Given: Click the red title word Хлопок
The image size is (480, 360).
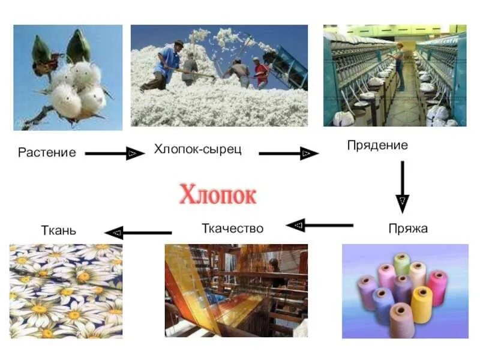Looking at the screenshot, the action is point(218,196).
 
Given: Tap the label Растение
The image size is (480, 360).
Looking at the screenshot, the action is point(47,152).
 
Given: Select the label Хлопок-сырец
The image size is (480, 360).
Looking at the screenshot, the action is point(197,149).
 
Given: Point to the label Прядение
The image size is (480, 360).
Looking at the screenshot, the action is point(377,145).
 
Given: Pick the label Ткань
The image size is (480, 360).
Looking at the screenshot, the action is point(59,230).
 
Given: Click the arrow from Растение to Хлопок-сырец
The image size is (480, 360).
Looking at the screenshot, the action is point(114,154).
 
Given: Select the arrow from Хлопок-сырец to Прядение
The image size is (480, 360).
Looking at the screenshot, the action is point(288,154).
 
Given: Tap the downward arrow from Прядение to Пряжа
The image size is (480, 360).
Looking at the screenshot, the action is point(402,186).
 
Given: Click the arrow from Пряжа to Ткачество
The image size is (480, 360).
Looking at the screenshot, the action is point(319,226).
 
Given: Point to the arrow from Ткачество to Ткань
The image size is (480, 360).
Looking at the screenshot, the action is point(139,232).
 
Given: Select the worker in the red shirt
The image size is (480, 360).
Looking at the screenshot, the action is point(261,73).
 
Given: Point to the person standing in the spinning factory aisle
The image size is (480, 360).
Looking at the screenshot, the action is point(399,66).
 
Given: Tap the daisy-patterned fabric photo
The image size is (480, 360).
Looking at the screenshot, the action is point(66,290).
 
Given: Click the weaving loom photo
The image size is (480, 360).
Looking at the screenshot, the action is point(236,290).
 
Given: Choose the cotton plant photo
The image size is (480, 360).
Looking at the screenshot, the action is point(67,77).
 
